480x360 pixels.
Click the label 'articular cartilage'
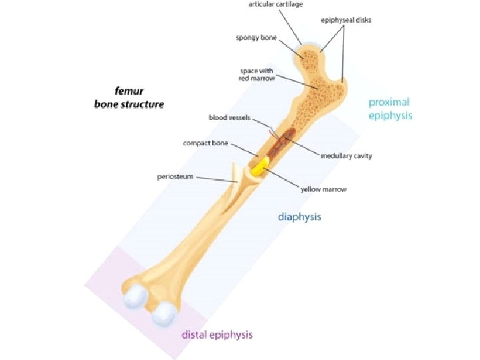coord(275,5)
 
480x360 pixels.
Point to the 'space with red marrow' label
coord(254,74)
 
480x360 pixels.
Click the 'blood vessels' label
coord(228,117)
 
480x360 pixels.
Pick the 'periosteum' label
coord(175,177)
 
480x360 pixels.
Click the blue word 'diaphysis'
coord(299,217)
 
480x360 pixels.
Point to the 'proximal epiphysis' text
coord(390,109)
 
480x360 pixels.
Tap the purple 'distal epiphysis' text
coord(217,335)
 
